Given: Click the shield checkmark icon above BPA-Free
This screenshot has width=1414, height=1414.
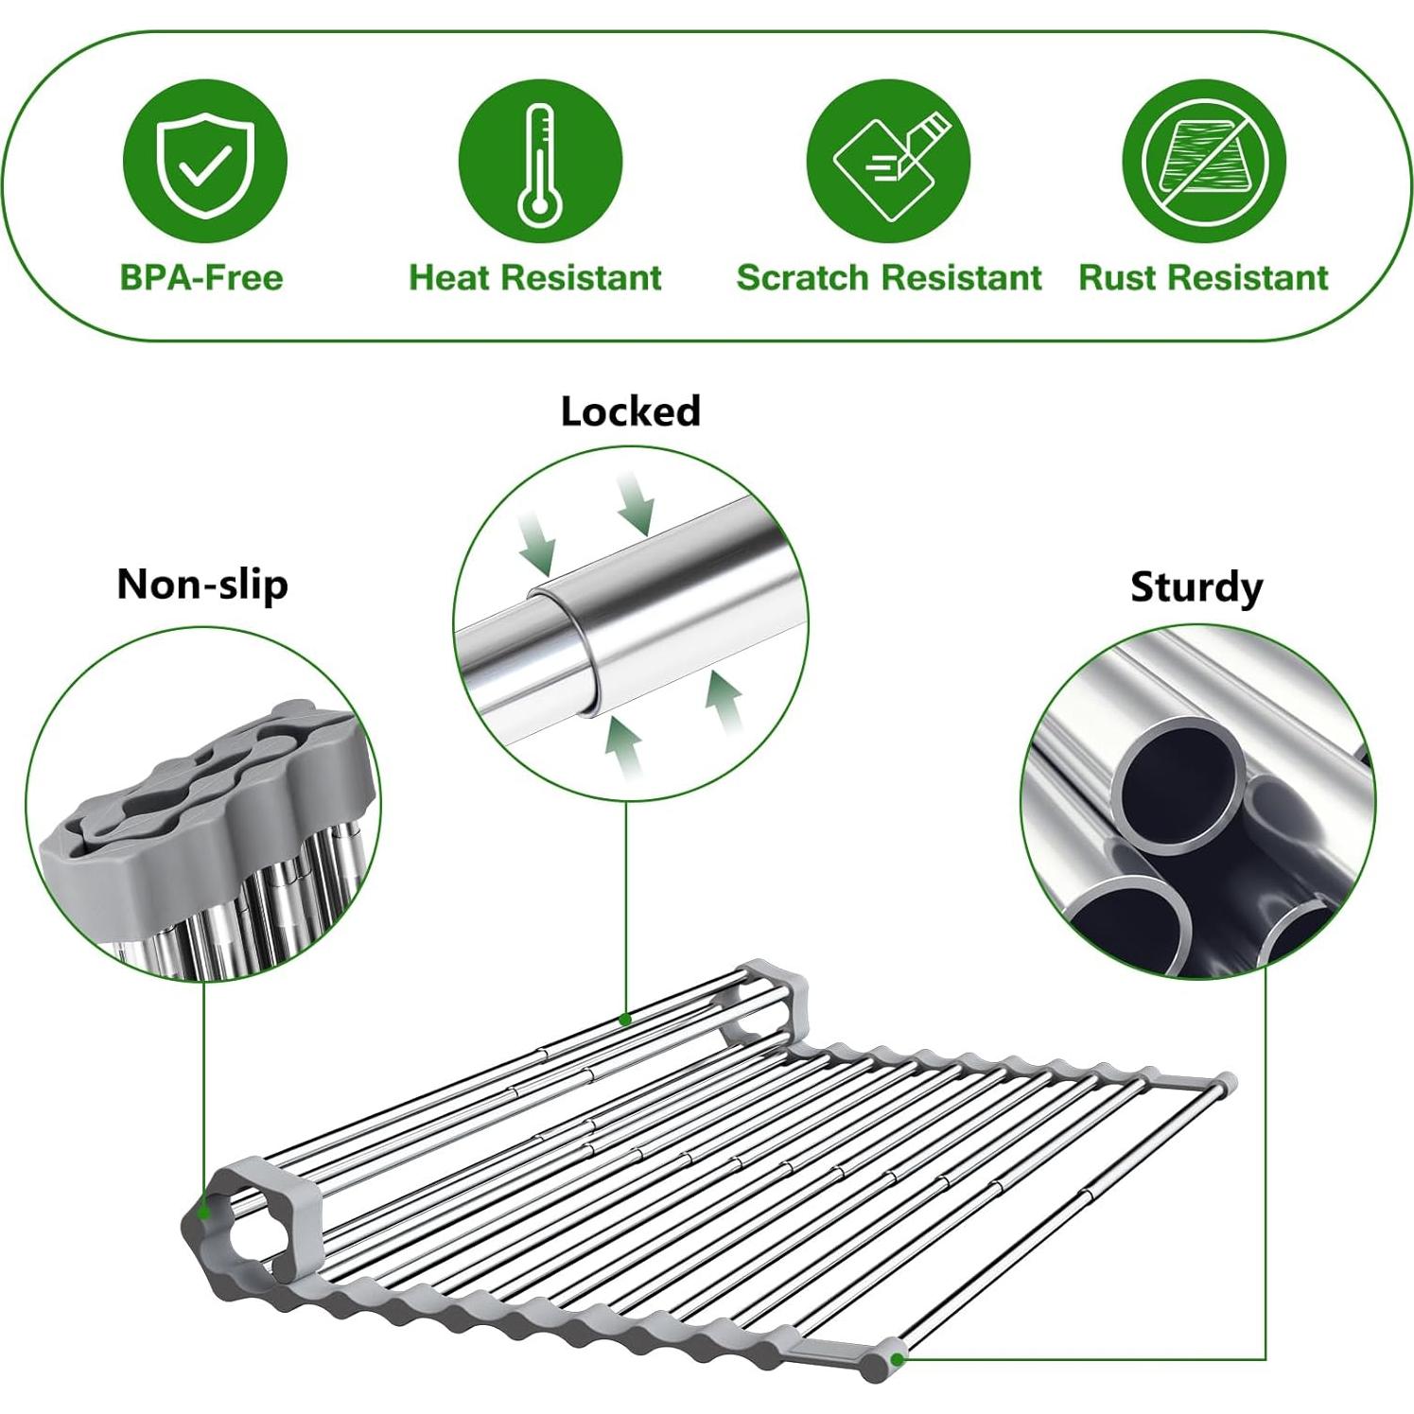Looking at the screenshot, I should click(204, 161).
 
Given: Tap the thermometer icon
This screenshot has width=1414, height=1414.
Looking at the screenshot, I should click(540, 161).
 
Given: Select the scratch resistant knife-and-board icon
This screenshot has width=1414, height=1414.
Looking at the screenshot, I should click(888, 161).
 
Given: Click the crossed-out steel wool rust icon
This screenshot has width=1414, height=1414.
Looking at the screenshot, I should click(1203, 161).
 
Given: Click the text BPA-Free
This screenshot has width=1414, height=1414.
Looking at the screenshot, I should click(201, 277).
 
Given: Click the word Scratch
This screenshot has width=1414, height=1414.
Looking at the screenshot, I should click(802, 277).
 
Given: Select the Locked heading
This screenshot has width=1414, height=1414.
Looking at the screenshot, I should click(630, 411).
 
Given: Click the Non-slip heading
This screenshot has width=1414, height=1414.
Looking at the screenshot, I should click(202, 584).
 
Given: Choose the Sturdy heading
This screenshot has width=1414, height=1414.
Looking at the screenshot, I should click(1196, 586).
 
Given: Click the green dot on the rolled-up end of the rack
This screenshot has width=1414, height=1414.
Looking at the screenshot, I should click(202, 1212).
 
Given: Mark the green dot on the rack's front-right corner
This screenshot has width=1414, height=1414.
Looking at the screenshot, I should click(897, 1357).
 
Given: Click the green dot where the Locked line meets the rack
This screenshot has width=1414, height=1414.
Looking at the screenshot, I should click(625, 1019).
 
